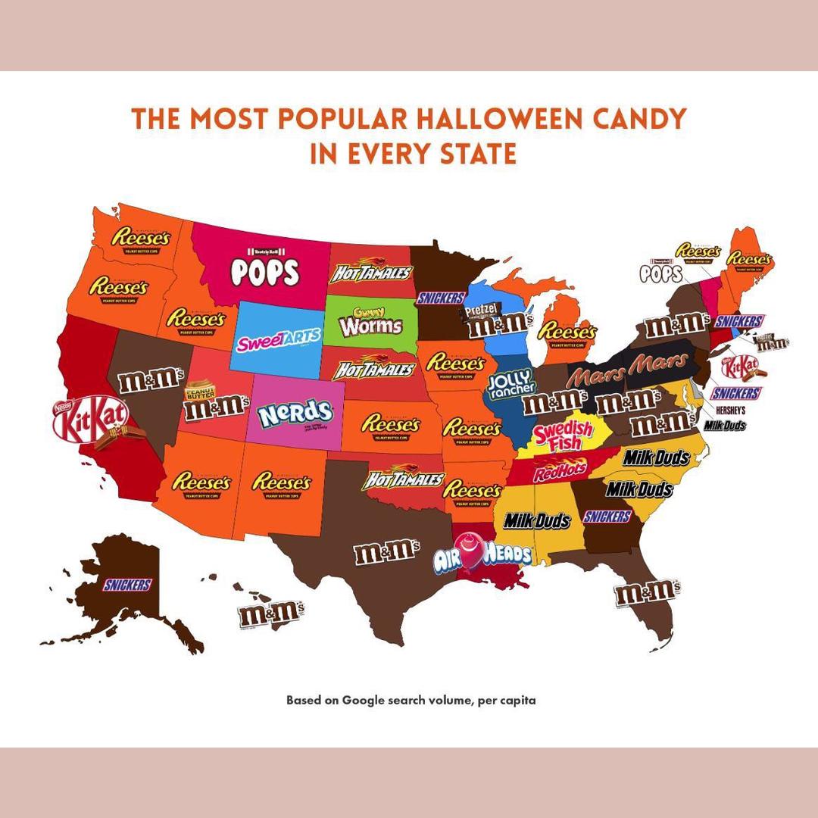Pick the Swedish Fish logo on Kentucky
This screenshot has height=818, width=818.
(x=563, y=435)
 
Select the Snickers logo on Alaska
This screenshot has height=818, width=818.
(x=127, y=584)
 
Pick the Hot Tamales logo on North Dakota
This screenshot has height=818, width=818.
(x=371, y=271)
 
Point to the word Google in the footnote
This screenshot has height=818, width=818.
(x=365, y=700)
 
